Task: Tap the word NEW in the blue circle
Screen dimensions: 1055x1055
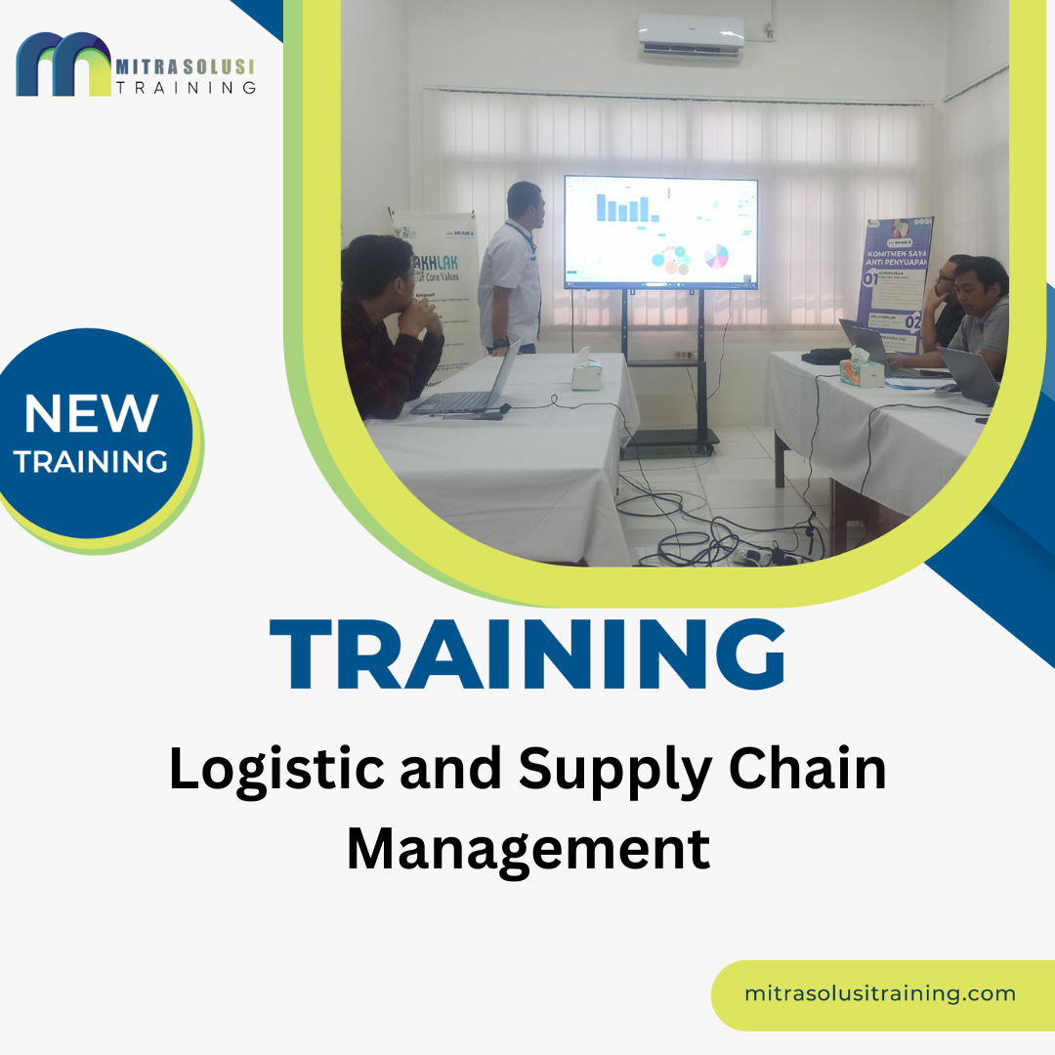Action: pos(91,413)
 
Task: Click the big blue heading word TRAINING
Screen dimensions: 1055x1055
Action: pos(527,654)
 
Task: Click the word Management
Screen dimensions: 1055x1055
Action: pos(527,848)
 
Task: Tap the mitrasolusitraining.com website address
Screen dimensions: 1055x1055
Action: pos(879,993)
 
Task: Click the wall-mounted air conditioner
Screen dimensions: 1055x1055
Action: pos(691,39)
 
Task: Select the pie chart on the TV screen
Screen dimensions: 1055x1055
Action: pos(717,256)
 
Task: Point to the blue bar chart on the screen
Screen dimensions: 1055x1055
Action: pos(624,207)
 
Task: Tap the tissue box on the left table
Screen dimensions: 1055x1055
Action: pos(586,372)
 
